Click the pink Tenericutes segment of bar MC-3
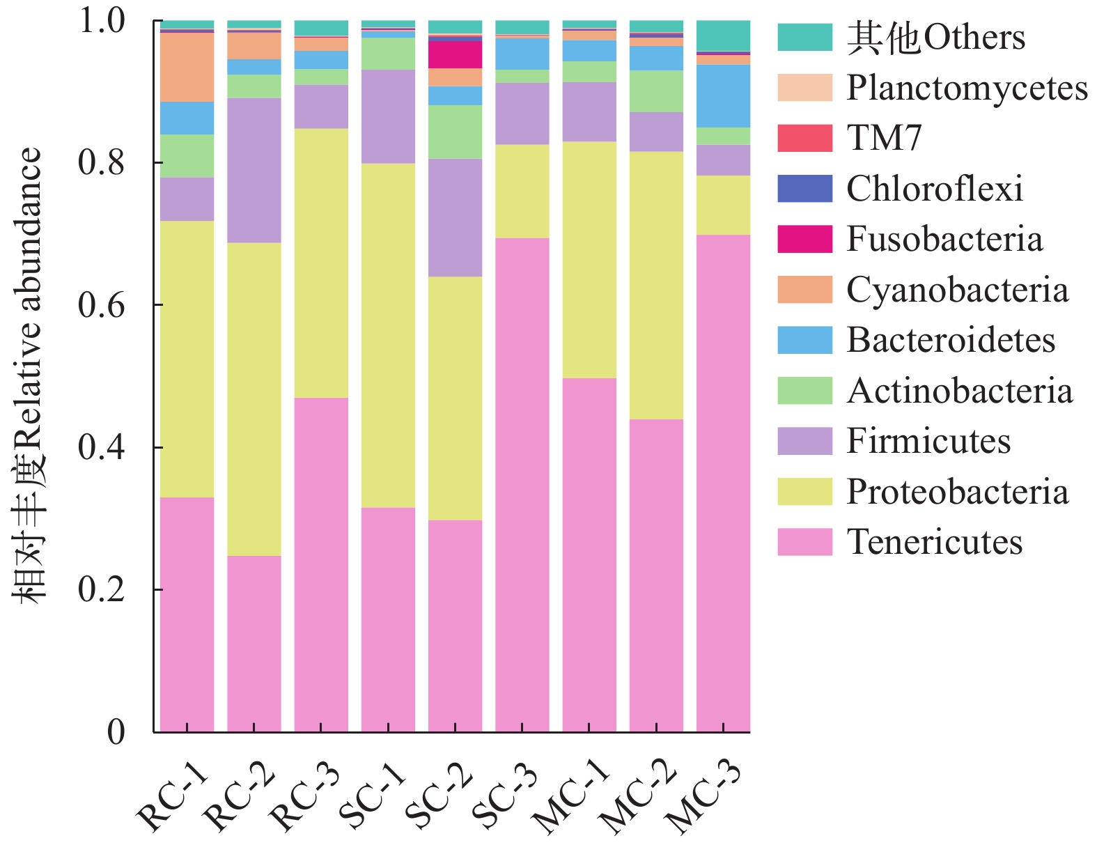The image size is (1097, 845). (723, 483)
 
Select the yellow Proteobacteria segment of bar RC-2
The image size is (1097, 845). (254, 398)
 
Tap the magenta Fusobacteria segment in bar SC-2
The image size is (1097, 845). (455, 54)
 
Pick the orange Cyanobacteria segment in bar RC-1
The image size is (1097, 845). (187, 67)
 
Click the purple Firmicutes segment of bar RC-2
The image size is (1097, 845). (254, 170)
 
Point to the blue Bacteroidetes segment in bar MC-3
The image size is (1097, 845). (723, 95)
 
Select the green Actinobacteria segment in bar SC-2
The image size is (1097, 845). (455, 132)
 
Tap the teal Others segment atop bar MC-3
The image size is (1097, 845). (723, 36)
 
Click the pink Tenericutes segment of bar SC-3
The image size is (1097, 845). (522, 485)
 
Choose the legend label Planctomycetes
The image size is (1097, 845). (967, 88)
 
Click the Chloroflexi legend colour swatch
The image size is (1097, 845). (804, 189)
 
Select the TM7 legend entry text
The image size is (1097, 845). (884, 138)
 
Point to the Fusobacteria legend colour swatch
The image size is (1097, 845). (804, 239)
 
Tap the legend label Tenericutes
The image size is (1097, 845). (934, 542)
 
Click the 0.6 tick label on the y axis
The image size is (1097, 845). (102, 305)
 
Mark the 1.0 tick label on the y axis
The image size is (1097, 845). (102, 21)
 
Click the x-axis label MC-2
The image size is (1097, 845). (639, 797)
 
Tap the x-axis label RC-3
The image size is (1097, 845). (305, 797)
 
